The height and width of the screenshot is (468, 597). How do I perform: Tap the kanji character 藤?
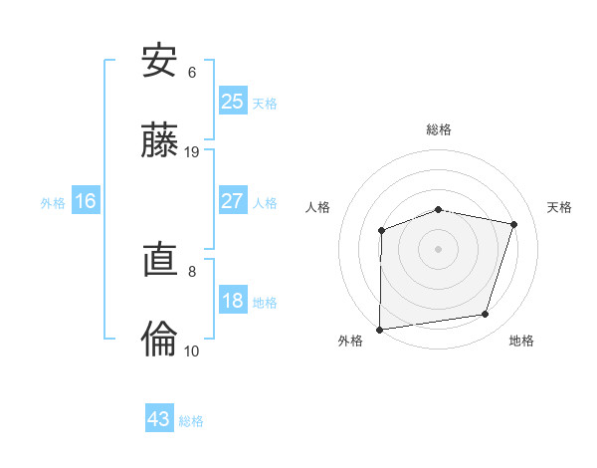coord(159,140)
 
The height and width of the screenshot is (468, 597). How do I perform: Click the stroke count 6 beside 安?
coord(192,72)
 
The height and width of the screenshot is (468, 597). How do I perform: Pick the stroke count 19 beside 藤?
coord(192,152)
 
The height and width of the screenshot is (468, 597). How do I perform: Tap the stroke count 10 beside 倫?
coord(192,351)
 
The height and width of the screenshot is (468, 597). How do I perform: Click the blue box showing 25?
coord(233,102)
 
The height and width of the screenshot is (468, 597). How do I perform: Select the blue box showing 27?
coord(233,201)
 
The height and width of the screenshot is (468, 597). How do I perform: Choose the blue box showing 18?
coord(233,302)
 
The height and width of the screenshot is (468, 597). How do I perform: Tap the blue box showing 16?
coord(86,201)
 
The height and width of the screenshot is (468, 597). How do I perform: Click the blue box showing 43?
coord(159,419)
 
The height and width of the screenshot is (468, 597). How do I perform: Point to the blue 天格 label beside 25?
coord(265,104)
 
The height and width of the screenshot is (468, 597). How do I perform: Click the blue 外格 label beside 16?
coord(53,203)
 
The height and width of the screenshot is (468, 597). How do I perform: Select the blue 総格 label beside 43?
coord(191,421)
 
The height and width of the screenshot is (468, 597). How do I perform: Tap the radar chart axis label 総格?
coord(439,129)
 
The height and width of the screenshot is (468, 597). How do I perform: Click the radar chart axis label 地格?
coord(521,342)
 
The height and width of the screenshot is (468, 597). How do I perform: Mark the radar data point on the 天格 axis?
coord(514,224)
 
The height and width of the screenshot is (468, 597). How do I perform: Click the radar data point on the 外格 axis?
coord(380,329)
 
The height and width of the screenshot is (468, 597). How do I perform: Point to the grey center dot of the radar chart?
coord(438,248)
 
